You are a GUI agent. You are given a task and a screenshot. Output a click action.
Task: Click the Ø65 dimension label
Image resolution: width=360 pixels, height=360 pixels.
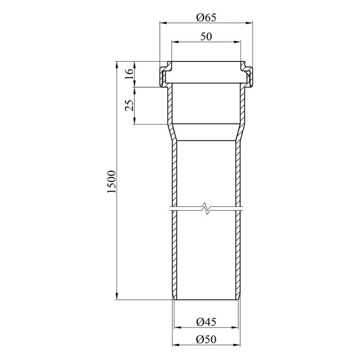[x=206, y=18]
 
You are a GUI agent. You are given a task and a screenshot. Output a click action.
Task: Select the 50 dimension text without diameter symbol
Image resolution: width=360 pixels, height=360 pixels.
[x=206, y=36]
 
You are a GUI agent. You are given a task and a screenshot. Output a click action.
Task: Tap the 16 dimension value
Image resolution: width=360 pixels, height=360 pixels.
[x=130, y=74]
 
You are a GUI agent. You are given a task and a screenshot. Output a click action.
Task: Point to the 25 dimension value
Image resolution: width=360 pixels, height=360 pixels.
[x=130, y=105]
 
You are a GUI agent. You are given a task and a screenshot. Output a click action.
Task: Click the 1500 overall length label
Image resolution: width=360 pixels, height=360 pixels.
[x=112, y=182]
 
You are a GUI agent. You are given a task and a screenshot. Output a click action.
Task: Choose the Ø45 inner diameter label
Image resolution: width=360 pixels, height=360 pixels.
[x=206, y=322]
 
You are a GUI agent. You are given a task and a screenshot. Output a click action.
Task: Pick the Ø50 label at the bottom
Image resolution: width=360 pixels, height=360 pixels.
[x=206, y=340]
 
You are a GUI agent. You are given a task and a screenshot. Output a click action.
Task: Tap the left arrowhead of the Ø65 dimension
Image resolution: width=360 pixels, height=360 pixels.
[x=163, y=23]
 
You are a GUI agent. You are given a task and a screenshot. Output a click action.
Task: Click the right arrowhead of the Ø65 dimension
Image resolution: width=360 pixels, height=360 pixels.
[x=249, y=23]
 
